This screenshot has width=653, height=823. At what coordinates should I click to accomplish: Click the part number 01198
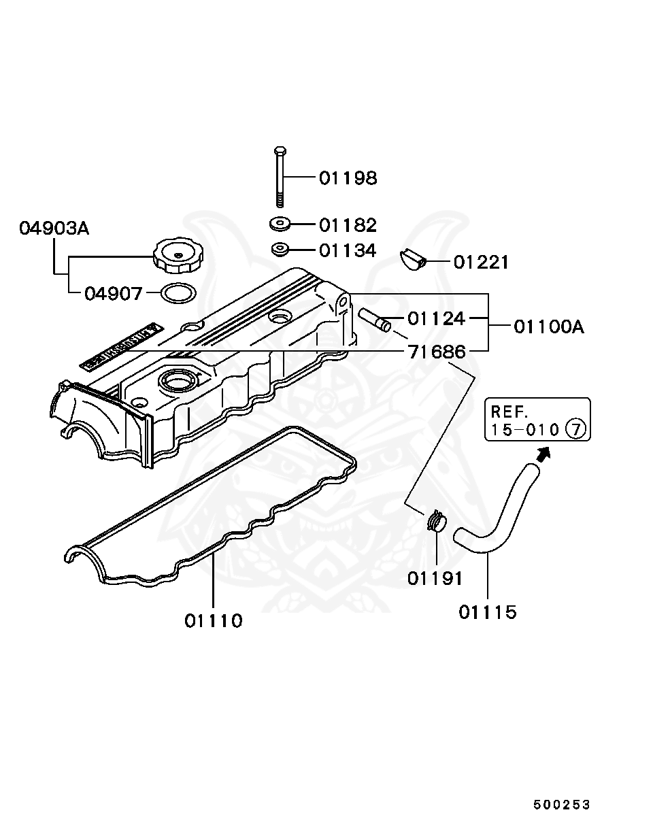tap(348, 178)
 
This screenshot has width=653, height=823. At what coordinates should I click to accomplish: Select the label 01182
tap(348, 225)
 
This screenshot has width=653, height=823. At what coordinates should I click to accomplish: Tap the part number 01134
tap(348, 251)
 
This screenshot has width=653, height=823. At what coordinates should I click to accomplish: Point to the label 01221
tap(481, 262)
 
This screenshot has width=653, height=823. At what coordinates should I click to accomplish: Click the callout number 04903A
tap(54, 229)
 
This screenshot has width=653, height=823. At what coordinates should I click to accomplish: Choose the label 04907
tap(114, 294)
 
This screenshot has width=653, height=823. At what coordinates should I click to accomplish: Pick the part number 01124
tap(436, 318)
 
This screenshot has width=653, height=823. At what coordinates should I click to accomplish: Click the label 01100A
tap(548, 326)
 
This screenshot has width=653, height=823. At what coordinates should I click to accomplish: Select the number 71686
tap(437, 352)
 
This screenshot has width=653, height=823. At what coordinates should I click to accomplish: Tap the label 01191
tap(435, 578)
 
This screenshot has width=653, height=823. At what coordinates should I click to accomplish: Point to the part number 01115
tap(487, 612)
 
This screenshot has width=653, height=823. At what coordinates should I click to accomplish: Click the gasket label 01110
tap(213, 620)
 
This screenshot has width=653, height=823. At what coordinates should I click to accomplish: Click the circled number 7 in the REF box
tap(575, 429)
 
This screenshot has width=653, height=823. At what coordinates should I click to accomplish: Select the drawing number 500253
tap(561, 805)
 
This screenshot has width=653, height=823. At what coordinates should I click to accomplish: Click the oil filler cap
tap(180, 255)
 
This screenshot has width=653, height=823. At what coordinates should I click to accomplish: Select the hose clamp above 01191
tap(435, 522)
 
